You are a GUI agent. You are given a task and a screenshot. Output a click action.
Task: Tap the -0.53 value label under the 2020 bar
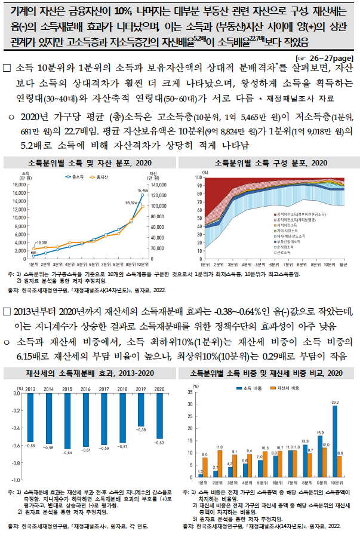pyautogui.click(x=159, y=443)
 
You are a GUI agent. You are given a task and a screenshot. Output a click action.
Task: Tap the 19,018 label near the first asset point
pyautogui.click(x=41, y=243)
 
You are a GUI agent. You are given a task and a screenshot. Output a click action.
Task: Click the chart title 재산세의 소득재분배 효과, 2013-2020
pyautogui.click(x=90, y=373)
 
